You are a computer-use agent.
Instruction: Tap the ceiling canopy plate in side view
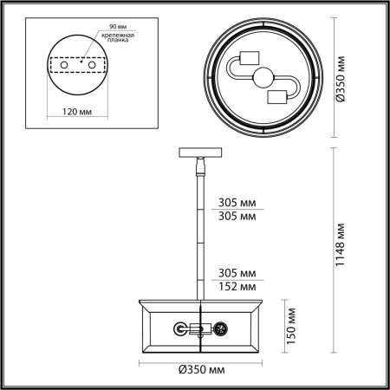[x=201, y=153]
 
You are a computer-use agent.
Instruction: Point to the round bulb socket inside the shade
[x=180, y=328]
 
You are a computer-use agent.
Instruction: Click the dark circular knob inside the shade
[x=220, y=328]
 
